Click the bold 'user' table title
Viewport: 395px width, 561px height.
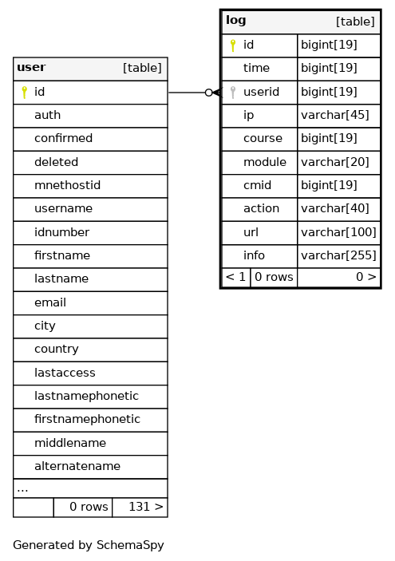(31, 67)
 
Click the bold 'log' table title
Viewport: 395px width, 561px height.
(235, 21)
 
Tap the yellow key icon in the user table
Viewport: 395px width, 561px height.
(24, 93)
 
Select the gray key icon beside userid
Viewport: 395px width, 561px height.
(233, 93)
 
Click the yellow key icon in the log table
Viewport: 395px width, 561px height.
(233, 45)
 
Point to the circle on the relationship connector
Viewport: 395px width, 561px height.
(209, 93)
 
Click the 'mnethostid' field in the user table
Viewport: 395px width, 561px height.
(67, 185)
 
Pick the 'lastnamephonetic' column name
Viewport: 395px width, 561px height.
(86, 396)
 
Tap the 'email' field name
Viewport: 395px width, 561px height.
(50, 302)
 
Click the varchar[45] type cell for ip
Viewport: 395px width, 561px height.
(335, 115)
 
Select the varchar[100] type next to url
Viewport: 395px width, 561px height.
(338, 232)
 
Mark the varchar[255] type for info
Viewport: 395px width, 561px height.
(338, 256)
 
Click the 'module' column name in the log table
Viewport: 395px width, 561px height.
(265, 162)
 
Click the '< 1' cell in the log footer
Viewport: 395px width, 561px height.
(235, 277)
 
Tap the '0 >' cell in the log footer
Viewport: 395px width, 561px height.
(366, 277)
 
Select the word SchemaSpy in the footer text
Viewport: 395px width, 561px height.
(130, 545)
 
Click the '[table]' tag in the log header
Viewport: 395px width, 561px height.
(355, 22)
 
